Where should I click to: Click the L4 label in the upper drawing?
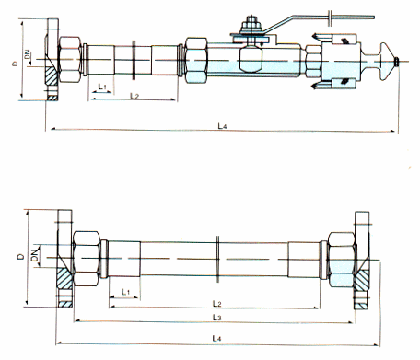[x=222, y=126]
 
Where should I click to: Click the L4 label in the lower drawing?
[x=216, y=339]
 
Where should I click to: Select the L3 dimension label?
[x=216, y=318]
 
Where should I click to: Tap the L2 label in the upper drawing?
[x=134, y=96]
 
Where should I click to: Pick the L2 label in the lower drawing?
[x=217, y=304]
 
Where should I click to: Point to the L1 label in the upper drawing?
[x=102, y=87]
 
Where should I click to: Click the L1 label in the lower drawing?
[x=125, y=292]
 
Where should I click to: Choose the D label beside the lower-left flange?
[x=20, y=257]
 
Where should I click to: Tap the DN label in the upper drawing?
[x=28, y=54]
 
